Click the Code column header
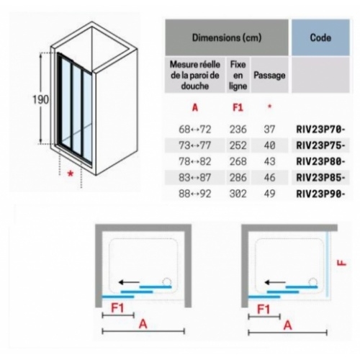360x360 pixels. [x=320, y=37]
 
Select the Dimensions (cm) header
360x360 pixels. [x=227, y=37]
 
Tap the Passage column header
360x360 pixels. [x=269, y=76]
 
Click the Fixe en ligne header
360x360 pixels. [x=238, y=75]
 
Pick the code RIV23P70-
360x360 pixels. [x=321, y=130]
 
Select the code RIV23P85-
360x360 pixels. [x=321, y=178]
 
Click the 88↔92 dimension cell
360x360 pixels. [x=195, y=194]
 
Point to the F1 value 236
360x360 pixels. [x=238, y=130]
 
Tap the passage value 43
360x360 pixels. [x=269, y=161]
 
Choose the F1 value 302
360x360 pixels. [x=238, y=194]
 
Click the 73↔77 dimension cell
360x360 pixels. [x=195, y=145]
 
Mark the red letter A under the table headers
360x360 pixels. [x=195, y=108]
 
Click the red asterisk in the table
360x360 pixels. [x=269, y=107]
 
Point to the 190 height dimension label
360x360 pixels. [x=40, y=99]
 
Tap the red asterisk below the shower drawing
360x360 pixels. [x=71, y=174]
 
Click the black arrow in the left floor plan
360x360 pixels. [x=129, y=282]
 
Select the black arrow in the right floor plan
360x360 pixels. [x=275, y=282]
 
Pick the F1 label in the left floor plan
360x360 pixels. [x=117, y=308]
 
